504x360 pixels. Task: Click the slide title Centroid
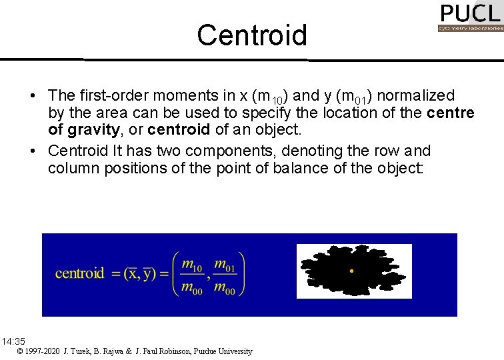[252, 35]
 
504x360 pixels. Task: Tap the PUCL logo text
[470, 13]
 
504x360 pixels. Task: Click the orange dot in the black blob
[351, 271]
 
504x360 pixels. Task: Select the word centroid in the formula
[80, 273]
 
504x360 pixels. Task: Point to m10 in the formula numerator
[192, 265]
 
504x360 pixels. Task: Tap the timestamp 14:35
[13, 341]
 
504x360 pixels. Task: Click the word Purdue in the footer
[207, 351]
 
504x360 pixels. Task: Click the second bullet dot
[33, 151]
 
